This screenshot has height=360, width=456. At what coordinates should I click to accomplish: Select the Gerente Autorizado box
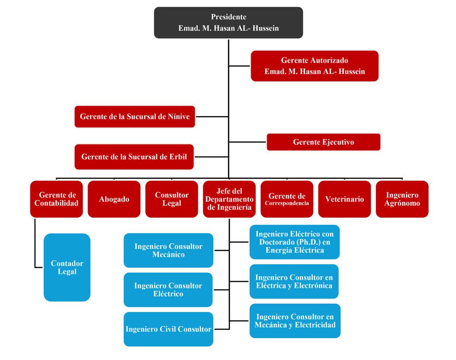pos(314,66)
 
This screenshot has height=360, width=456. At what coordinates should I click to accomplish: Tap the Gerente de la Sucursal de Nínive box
pos(134,117)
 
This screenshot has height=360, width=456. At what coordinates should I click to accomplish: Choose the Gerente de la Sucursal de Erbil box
pos(134,157)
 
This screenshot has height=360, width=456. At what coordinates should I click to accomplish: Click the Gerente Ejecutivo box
pos(323,142)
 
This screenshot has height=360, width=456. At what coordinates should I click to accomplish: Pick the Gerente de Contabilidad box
pos(57,199)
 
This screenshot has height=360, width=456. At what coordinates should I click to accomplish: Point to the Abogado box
pos(114,199)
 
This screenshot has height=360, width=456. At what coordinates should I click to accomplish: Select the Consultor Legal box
pos(171,199)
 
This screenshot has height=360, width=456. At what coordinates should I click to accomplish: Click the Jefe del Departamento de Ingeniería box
pos(229,199)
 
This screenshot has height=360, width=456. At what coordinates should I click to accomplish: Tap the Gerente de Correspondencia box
pos(287,199)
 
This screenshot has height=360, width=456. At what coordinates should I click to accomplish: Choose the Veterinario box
pos(344,199)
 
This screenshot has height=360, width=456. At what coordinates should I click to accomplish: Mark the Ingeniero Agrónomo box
pos(402,199)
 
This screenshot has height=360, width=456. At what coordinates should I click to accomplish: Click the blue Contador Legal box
pos(67,267)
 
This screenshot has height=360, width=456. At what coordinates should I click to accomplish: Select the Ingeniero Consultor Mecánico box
pos(168,250)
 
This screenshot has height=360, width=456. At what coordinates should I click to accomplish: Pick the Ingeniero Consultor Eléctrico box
pos(168,290)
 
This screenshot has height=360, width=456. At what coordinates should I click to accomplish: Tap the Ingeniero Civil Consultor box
pos(168,329)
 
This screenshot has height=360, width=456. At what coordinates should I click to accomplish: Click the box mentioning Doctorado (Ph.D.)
pos(294,242)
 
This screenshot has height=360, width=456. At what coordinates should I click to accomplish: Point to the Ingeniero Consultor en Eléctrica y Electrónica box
pos(294,282)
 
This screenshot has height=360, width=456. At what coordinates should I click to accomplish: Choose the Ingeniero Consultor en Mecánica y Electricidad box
pos(295,321)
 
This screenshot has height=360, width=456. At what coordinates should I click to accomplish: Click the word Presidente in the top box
pos(228,17)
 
